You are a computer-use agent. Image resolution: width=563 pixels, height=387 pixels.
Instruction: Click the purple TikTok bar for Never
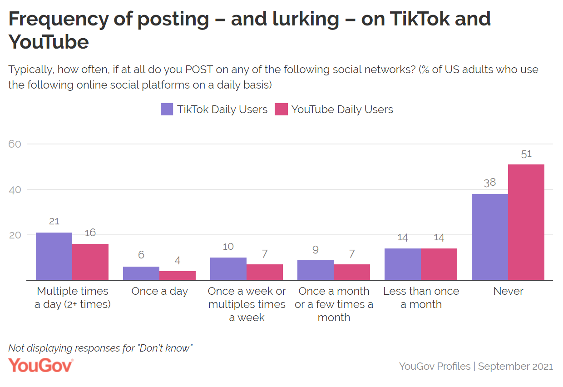(x=490, y=237)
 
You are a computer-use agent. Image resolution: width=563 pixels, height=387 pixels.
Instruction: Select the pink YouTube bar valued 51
(x=526, y=222)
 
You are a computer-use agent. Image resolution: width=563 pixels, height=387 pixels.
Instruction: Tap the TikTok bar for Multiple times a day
(x=54, y=256)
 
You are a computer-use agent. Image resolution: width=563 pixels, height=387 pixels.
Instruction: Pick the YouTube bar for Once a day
(x=178, y=275)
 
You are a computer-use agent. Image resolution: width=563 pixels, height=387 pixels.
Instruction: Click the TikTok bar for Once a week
(x=228, y=268)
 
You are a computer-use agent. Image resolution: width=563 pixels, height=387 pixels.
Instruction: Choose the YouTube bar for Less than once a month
(x=439, y=264)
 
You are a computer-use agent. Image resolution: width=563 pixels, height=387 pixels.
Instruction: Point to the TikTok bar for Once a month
(x=316, y=270)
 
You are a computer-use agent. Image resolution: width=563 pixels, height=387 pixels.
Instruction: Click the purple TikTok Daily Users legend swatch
(x=167, y=109)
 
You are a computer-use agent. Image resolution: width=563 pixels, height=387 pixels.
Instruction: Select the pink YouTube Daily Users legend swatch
(x=281, y=109)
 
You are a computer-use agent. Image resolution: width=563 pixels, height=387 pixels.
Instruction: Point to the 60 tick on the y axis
(x=15, y=144)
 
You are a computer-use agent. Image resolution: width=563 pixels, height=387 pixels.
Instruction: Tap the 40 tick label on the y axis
(x=15, y=189)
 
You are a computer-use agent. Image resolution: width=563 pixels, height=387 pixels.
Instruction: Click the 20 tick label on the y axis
(x=15, y=235)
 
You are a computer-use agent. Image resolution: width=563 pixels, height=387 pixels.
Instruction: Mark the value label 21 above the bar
(x=54, y=222)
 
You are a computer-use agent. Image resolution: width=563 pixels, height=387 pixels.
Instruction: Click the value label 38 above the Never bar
(x=490, y=183)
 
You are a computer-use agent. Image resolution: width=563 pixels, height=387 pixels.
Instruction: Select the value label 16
(x=90, y=233)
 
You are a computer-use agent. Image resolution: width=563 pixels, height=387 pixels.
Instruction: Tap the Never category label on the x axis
(x=508, y=291)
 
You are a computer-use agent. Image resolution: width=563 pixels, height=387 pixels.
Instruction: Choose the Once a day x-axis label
(x=159, y=291)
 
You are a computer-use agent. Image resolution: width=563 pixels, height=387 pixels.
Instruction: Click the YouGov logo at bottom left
(x=40, y=365)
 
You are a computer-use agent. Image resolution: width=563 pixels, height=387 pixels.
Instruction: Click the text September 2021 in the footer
(x=515, y=366)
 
